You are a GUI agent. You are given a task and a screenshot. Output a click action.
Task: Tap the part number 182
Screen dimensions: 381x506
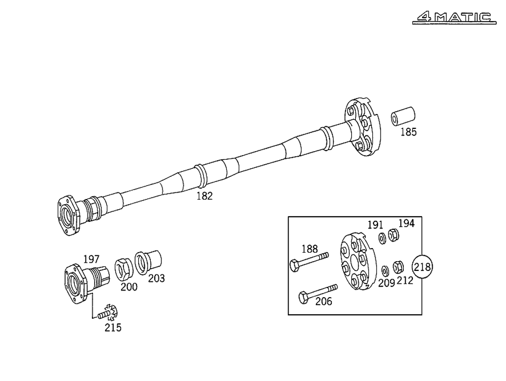click(204, 196)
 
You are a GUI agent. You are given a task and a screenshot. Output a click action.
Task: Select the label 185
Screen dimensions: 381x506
click(408, 133)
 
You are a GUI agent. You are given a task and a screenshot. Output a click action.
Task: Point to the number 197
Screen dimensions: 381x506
click(91, 259)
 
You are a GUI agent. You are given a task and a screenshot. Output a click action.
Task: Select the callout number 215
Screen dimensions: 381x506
click(113, 328)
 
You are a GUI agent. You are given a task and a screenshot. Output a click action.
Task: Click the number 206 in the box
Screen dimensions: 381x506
click(323, 302)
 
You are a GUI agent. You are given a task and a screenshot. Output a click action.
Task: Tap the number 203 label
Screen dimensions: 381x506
click(156, 278)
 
